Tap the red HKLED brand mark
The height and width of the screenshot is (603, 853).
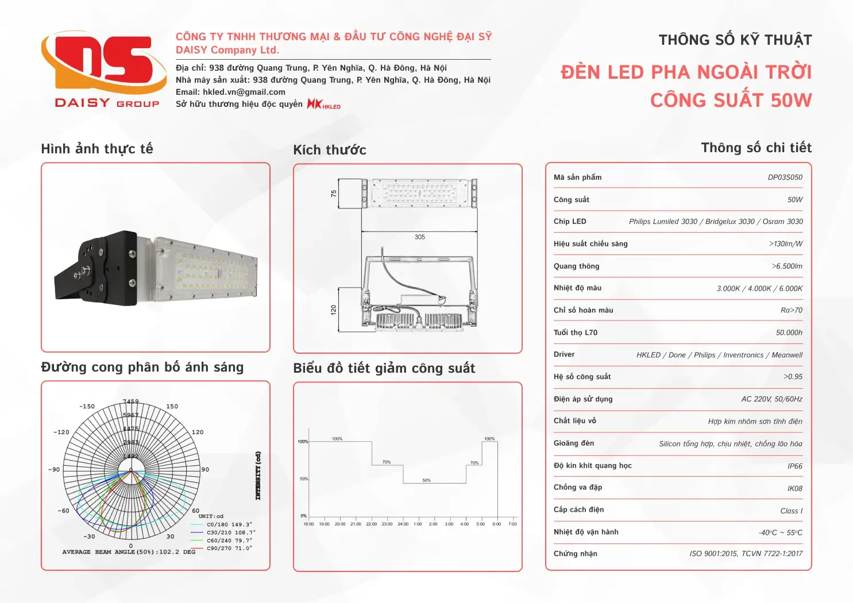323,104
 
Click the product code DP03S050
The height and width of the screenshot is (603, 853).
785,177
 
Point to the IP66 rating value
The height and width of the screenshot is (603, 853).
794,466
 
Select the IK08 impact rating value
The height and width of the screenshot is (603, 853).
794,489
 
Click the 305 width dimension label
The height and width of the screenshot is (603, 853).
419,237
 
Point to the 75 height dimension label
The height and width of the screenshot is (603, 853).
334,194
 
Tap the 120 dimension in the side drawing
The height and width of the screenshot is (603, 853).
334,310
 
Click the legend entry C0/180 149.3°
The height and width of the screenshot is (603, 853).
229,524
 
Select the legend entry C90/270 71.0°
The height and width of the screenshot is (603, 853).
229,548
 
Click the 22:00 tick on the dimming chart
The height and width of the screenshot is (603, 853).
371,524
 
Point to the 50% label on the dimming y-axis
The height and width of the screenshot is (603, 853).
303,478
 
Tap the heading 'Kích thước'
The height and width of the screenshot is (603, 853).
329,150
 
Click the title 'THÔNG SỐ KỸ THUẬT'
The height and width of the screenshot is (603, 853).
735,40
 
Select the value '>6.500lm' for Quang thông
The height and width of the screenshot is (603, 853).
787,266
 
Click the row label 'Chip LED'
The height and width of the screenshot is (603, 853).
570,222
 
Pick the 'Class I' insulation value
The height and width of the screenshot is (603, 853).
791,511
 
